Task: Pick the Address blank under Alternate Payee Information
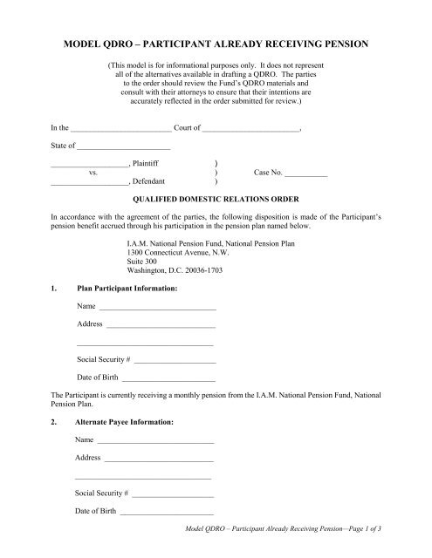click(159, 458)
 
